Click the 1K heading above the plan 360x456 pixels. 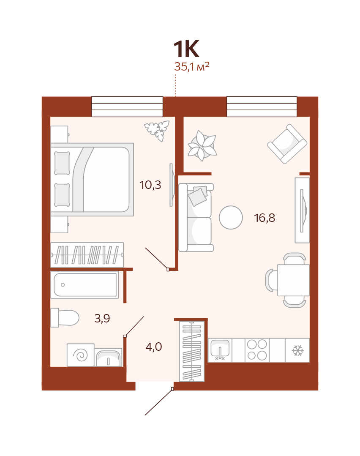click(186, 49)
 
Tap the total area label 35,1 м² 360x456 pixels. click(192, 67)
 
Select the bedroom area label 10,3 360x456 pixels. click(150, 185)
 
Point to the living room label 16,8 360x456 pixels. click(265, 218)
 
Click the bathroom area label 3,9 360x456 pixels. click(102, 319)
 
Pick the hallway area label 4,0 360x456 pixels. click(153, 347)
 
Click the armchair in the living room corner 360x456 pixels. click(287, 144)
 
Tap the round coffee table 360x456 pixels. click(231, 218)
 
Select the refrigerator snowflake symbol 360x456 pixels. click(298, 350)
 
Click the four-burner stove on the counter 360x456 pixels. click(257, 350)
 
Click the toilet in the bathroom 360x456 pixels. click(65, 317)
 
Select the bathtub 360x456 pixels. click(85, 285)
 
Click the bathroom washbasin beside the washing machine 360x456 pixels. click(108, 358)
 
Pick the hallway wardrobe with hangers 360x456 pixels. click(192, 351)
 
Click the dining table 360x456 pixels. click(293, 280)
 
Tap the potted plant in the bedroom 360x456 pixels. click(157, 131)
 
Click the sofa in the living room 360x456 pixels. click(196, 217)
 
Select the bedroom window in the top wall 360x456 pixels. click(127, 107)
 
